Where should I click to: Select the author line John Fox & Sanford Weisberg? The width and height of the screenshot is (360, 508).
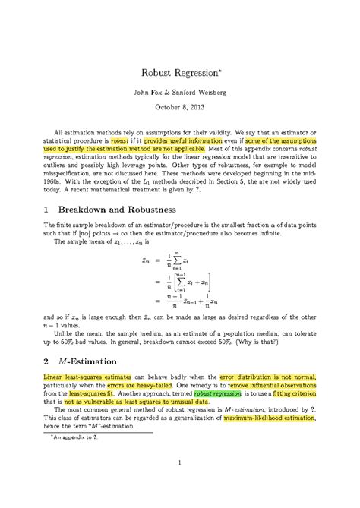pyautogui.click(x=179, y=93)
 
